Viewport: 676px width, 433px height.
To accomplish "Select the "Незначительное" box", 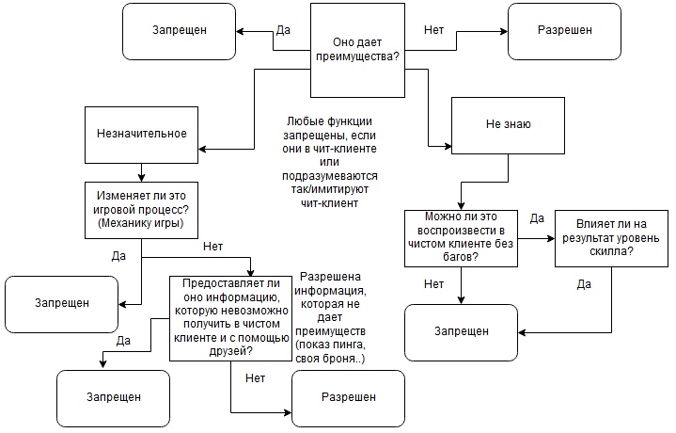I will click(142, 134).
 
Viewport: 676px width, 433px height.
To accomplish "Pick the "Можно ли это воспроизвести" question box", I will click(460, 239).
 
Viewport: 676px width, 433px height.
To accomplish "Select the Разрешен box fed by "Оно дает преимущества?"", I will click(565, 30).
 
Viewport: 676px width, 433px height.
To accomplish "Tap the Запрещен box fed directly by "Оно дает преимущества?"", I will click(180, 30).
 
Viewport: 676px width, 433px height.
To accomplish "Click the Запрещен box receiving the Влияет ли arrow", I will click(462, 331).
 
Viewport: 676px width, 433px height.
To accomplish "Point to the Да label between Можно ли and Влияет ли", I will click(538, 218).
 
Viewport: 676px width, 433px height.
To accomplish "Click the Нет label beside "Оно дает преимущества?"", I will click(433, 30).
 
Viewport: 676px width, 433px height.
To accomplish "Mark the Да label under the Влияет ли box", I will click(583, 282).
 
